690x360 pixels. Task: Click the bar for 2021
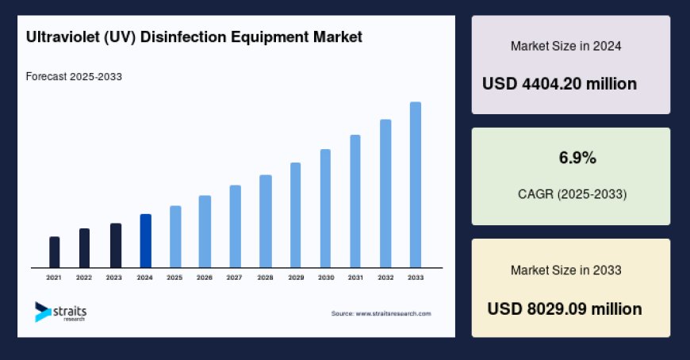[54, 252]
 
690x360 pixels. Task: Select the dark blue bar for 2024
[145, 241]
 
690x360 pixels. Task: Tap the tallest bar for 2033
[415, 185]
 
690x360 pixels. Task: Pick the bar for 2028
[266, 221]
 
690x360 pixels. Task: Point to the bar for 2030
[325, 209]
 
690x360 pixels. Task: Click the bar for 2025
[175, 236]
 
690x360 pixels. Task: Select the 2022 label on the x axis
[84, 278]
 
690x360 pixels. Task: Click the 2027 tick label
[234, 278]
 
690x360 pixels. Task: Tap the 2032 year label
[385, 278]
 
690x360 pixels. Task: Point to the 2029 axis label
[295, 278]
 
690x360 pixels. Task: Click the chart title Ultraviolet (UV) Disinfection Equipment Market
[194, 36]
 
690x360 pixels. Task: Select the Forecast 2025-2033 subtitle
[73, 77]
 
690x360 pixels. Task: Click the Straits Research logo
[60, 312]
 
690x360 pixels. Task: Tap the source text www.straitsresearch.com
[381, 313]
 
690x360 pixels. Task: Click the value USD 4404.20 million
[559, 83]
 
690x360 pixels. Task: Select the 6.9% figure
[577, 159]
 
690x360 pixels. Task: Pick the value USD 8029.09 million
[565, 308]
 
